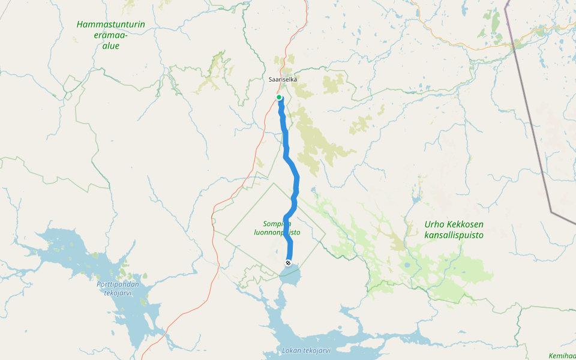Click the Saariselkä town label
tap(283, 79)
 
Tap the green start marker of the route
tap(279, 97)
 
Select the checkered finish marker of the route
tap(289, 263)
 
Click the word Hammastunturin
tap(111, 25)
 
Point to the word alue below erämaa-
tap(110, 46)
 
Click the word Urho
tap(434, 224)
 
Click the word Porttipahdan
tap(117, 284)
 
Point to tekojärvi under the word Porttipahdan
tap(118, 293)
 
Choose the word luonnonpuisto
tap(277, 232)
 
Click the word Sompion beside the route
tap(272, 223)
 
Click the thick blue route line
tap(296, 180)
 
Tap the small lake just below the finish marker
tap(290, 277)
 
